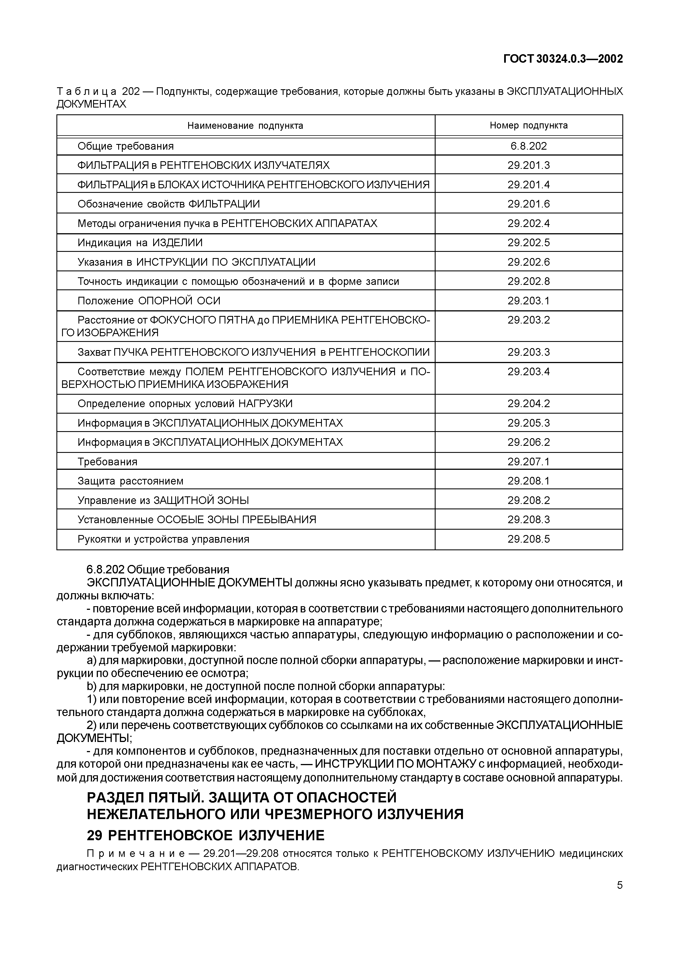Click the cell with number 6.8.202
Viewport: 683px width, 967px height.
pos(529,146)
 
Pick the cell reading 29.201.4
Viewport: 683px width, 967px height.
pos(529,184)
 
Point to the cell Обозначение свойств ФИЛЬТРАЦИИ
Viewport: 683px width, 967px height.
pos(169,204)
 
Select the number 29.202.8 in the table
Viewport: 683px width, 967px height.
pos(529,281)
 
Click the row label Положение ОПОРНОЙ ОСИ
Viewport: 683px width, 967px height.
pos(149,301)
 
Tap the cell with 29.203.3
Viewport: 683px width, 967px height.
pos(529,352)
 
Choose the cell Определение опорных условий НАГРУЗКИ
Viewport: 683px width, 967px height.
pos(185,403)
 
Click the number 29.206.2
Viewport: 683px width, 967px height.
pos(529,442)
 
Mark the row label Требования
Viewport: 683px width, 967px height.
pos(107,462)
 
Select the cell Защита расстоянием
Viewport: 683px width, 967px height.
pos(130,481)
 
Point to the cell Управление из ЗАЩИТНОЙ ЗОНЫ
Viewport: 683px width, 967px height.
pos(163,500)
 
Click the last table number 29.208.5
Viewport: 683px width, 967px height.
pos(529,539)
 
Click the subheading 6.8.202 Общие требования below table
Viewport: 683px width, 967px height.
pos(158,569)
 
